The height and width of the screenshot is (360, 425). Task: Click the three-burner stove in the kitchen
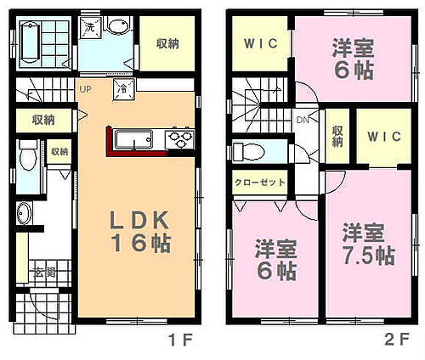[180, 137]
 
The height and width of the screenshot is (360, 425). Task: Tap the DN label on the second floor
[303, 121]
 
